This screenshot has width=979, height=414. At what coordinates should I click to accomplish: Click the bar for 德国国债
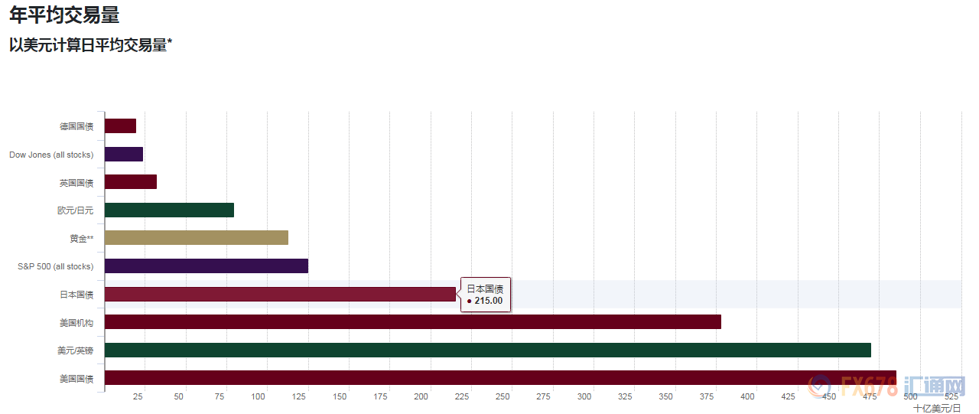click(120, 126)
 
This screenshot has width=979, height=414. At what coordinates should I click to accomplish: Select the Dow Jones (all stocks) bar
click(124, 155)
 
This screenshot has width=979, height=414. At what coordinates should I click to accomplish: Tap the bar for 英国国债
click(131, 182)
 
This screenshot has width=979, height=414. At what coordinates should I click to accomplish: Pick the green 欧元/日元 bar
click(169, 210)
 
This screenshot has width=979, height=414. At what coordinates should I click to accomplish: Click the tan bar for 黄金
click(197, 238)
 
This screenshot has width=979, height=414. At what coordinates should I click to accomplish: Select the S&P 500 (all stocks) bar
click(207, 266)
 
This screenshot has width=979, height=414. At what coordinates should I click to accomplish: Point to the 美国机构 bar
click(413, 321)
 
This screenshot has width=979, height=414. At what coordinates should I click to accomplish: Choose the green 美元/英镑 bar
click(488, 350)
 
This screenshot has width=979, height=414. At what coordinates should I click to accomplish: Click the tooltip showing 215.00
click(485, 295)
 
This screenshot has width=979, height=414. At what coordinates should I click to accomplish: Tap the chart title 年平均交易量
click(64, 15)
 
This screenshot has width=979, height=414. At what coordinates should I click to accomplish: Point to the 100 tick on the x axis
click(258, 396)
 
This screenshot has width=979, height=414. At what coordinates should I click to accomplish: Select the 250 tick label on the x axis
click(503, 396)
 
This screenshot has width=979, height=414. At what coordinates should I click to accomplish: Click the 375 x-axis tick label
click(707, 396)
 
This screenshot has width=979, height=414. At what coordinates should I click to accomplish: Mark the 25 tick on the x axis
click(138, 396)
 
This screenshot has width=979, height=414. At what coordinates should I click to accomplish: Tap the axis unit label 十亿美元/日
click(937, 409)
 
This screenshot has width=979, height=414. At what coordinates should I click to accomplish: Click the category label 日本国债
click(76, 295)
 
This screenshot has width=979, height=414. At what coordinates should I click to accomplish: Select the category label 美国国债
click(76, 379)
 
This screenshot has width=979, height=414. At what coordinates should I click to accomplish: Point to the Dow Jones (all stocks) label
click(51, 155)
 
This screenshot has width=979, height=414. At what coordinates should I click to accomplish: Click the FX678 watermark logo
click(887, 386)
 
